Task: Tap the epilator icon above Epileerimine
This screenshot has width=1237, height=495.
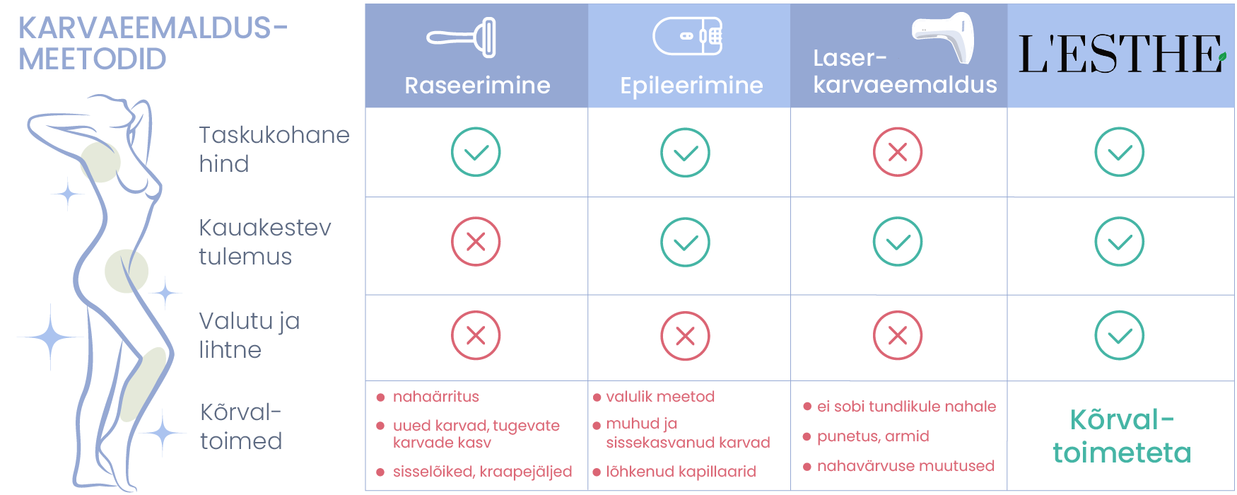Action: pos(688,36)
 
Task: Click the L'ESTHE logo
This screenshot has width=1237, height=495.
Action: pos(1122,54)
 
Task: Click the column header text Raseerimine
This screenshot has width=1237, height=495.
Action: pos(477,86)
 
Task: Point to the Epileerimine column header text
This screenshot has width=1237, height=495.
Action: pos(691,86)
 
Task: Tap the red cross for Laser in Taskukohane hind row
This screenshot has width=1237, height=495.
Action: pos(898,152)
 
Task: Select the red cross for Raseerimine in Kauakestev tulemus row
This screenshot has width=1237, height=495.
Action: pos(476,241)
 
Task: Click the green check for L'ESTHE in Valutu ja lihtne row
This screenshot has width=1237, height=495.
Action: pos(1120,335)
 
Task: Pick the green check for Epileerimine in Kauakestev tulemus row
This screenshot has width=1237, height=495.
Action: pos(685,242)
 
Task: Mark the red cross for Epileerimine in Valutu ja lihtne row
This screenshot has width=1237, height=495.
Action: pos(685,335)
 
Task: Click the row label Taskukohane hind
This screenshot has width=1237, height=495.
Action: pos(274,149)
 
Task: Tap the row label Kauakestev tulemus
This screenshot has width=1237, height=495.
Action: pos(265,242)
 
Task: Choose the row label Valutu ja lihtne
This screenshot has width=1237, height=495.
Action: pos(250,335)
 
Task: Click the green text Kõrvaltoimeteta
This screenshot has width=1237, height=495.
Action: pos(1122,436)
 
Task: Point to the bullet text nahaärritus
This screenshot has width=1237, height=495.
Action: pos(435,397)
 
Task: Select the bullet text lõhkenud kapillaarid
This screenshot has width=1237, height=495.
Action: pos(681,472)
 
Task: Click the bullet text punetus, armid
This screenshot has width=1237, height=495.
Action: pos(873,436)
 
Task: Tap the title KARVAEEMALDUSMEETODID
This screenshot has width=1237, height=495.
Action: pos(153,43)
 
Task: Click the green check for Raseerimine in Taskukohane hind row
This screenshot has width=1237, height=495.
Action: pos(476,152)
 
